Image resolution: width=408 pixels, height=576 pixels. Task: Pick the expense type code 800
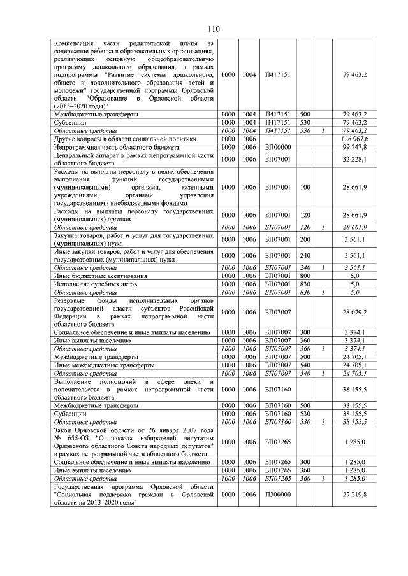pyautogui.click(x=305, y=276)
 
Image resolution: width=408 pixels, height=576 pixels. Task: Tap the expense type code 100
pyautogui.click(x=305, y=188)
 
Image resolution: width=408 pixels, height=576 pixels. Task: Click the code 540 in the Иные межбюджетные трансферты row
pyautogui.click(x=305, y=366)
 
